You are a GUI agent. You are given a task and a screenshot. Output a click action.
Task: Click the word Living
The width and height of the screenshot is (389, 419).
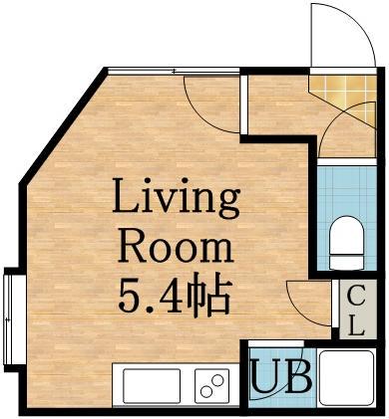click(177, 199)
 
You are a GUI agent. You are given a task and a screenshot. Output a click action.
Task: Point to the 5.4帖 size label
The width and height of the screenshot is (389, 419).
click(175, 294)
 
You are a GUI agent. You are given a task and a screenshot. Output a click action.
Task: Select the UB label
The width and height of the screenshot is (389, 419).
click(282, 376)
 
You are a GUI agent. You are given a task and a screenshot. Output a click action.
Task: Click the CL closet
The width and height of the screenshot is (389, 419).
click(358, 309)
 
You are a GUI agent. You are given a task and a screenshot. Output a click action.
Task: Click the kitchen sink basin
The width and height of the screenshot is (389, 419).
click(152, 385)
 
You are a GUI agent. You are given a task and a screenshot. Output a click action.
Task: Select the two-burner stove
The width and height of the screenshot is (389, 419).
click(211, 385)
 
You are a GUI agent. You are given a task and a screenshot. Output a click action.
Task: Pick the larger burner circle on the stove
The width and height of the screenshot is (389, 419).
click(217, 380)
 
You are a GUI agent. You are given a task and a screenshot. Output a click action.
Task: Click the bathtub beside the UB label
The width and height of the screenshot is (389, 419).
click(346, 377)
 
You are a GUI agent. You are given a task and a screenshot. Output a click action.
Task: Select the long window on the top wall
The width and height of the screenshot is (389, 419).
click(174, 71)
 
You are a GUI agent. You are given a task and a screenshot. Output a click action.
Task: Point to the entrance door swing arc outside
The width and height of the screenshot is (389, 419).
click(356, 24)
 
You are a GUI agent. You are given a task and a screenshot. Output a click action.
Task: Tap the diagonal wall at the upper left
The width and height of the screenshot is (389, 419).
click(63, 125)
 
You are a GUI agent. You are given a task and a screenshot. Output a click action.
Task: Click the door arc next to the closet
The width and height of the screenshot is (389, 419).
click(301, 312)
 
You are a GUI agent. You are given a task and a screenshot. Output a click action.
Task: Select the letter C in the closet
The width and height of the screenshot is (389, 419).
click(356, 296)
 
